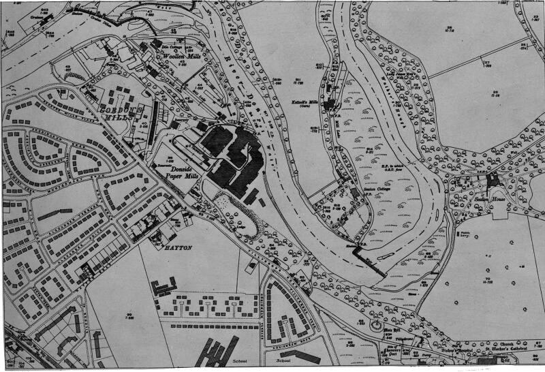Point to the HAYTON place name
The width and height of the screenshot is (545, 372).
coord(176,248)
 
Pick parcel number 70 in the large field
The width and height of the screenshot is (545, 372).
coord(488,279)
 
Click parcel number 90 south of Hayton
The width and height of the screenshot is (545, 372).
coord(129,313)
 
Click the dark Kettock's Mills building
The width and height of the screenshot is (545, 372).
coord(330,104)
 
